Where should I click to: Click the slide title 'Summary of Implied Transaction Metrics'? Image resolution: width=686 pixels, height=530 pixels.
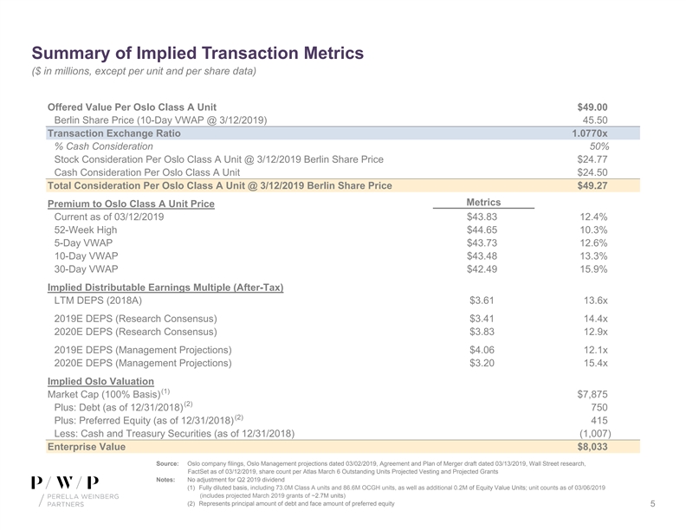click(197, 54)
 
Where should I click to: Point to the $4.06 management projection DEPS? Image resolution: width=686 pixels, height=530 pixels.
click(482, 349)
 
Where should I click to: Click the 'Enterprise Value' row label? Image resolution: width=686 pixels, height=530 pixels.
click(86, 447)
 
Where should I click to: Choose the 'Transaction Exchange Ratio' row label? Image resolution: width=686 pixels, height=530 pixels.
click(113, 133)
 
